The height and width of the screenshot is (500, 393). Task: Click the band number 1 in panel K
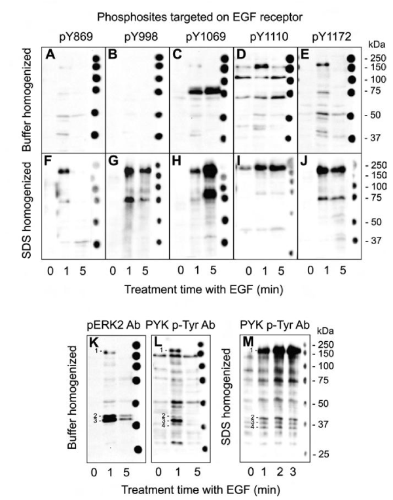(97, 352)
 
